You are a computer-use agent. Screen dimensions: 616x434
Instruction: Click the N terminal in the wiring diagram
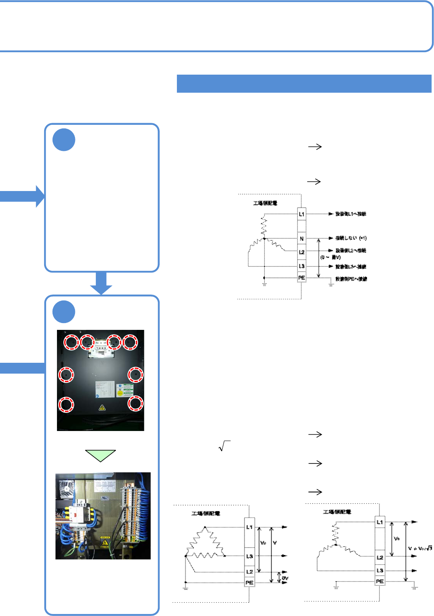[302, 238]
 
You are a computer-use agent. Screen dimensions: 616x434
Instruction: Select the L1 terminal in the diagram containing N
[302, 214]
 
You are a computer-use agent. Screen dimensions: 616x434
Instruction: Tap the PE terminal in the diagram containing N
[302, 278]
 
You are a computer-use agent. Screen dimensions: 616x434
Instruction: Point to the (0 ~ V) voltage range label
[331, 257]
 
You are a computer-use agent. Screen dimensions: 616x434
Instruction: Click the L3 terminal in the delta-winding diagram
[249, 556]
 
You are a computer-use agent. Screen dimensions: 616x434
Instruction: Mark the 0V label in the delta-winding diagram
[285, 578]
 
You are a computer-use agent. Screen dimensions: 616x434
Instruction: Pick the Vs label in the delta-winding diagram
[264, 543]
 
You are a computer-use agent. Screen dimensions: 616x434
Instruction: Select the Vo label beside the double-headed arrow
[397, 539]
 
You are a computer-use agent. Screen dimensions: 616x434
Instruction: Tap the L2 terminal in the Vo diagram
[380, 557]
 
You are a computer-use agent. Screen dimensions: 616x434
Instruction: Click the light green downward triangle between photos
[101, 455]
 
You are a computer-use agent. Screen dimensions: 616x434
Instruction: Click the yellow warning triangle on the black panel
[102, 408]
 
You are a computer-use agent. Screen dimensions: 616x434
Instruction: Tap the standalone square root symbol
[224, 446]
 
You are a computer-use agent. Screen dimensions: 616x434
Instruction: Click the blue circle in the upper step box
[64, 140]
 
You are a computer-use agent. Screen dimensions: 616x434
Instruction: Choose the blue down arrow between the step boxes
[101, 283]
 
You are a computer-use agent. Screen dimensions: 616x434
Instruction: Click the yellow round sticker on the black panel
[120, 393]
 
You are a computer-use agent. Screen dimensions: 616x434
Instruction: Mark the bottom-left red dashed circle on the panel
[66, 404]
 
